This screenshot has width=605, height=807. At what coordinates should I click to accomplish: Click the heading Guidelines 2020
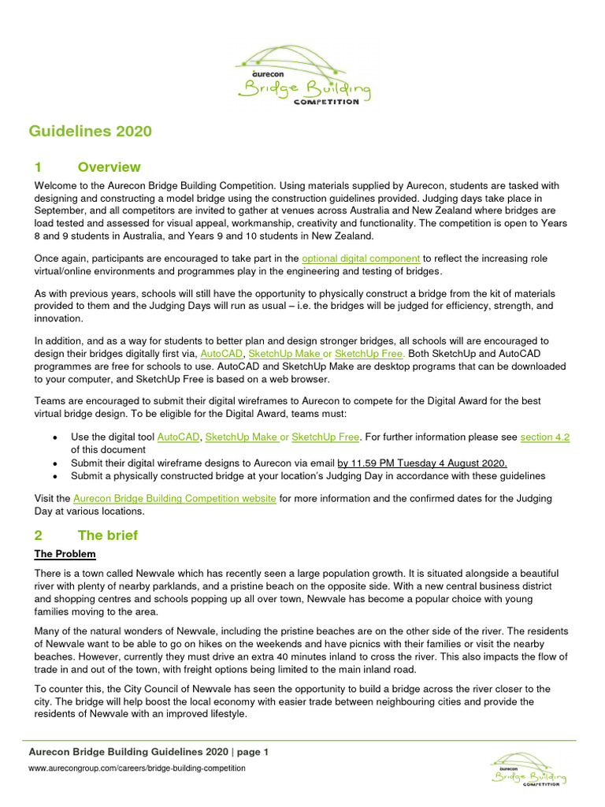coord(91,132)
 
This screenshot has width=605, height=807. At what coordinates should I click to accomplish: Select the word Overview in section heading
coord(109,167)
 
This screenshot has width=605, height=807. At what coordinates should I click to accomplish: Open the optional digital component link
coord(361,258)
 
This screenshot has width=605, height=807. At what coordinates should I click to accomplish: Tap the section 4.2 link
coord(545,437)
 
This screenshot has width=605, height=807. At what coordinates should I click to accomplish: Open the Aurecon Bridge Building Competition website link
coord(174,498)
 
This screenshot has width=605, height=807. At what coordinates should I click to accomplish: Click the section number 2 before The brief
coord(38,535)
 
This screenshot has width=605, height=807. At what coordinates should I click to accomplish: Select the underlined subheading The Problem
coord(65,554)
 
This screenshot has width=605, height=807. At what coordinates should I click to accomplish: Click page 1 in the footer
coord(250,752)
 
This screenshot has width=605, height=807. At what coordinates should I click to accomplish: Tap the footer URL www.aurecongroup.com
coord(137,768)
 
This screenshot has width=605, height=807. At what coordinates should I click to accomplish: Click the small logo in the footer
coord(529,770)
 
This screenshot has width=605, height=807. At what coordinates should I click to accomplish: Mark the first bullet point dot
coord(53,437)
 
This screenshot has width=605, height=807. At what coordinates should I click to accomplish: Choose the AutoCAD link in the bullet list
coord(179,437)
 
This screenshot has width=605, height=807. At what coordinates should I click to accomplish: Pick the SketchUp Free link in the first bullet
coord(325,437)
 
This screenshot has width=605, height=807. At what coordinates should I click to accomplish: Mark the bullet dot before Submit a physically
coord(53,476)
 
